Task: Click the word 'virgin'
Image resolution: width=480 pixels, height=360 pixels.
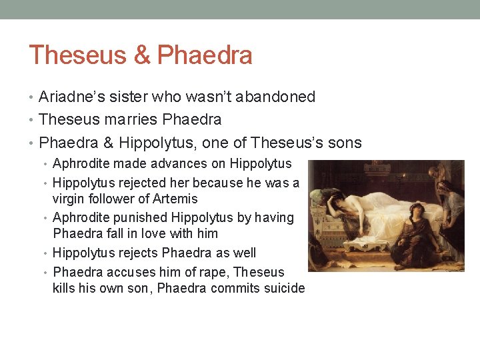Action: tap(67, 199)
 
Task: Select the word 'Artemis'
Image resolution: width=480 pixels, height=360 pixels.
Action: tap(175, 199)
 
